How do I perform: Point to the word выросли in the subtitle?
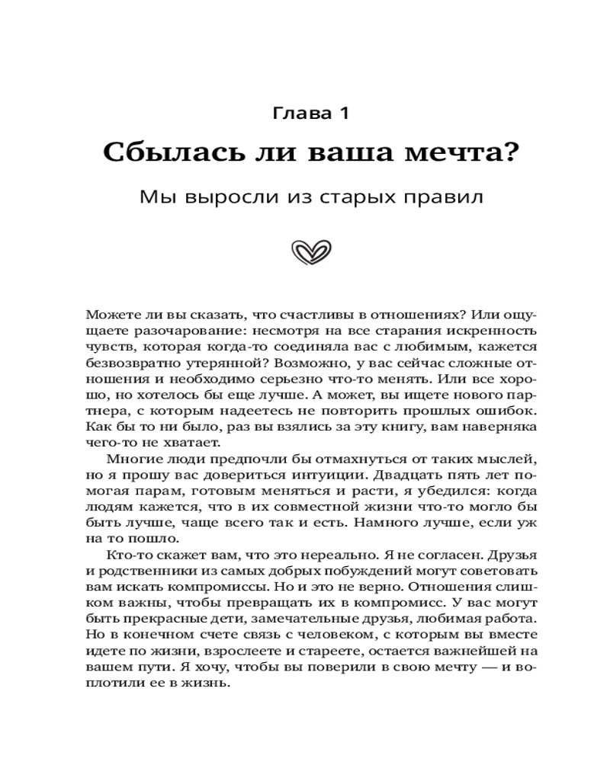point(227,197)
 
